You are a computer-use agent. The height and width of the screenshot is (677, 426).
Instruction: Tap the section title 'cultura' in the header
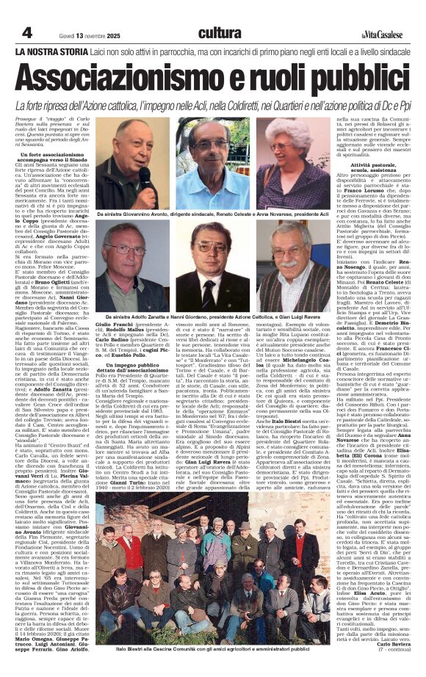point(220,32)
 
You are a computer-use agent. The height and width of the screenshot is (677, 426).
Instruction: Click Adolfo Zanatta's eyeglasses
point(127,250)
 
